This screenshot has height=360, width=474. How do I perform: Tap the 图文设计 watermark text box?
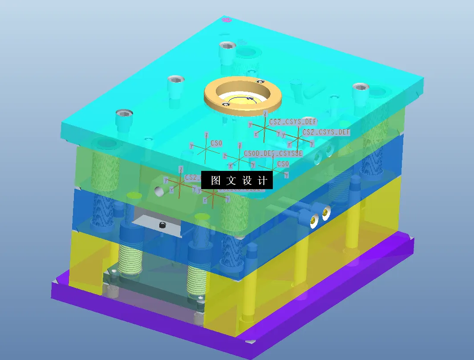pyautogui.click(x=237, y=180)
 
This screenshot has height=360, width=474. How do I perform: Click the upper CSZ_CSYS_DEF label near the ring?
pyautogui.click(x=293, y=121)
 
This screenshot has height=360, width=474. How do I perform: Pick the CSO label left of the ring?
pyautogui.click(x=216, y=143)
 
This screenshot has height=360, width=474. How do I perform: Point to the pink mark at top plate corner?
pyautogui.click(x=226, y=20)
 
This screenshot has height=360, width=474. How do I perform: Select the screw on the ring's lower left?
pyautogui.click(x=226, y=104)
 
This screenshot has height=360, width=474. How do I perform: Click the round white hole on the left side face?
pyautogui.click(x=158, y=191)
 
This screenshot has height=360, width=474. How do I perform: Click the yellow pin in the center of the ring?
pyautogui.click(x=250, y=98)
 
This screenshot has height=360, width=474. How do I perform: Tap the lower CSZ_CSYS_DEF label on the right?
pyautogui.click(x=326, y=132)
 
